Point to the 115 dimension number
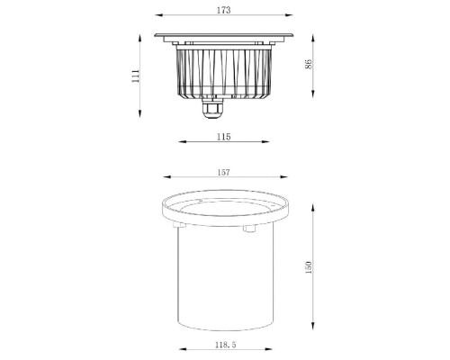224,136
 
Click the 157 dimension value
224,172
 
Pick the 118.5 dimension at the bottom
224,343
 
